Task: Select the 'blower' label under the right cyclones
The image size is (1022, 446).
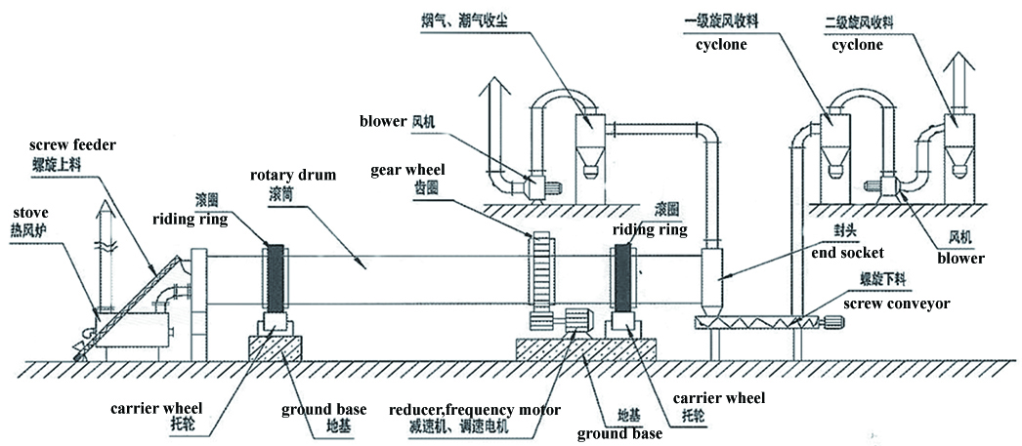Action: (x=960, y=259)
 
